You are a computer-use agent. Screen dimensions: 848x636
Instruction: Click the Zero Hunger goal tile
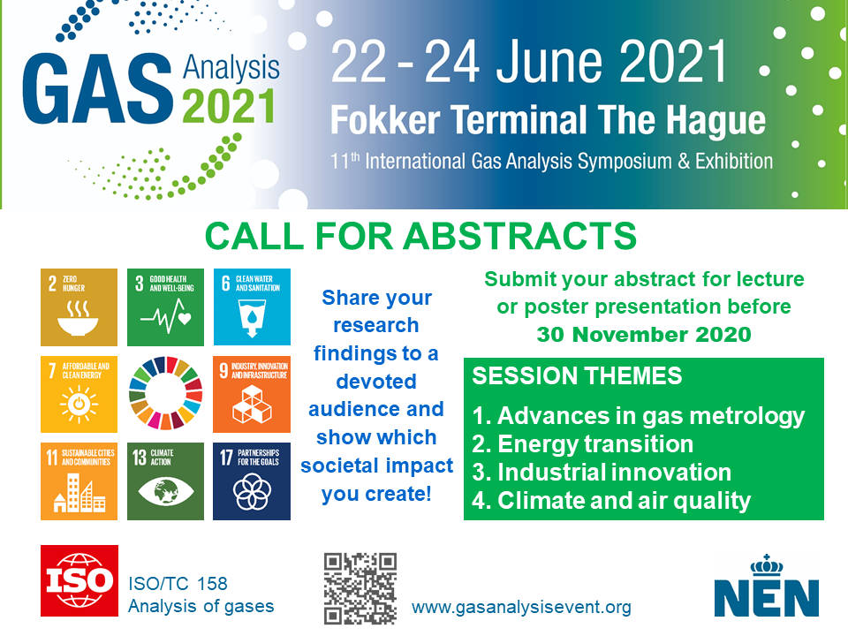pos(79,307)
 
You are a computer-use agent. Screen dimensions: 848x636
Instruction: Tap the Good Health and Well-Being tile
pos(165,307)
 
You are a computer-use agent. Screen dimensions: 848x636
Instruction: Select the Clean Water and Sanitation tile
pos(252,307)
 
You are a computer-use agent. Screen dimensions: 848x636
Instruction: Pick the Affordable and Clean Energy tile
pos(79,394)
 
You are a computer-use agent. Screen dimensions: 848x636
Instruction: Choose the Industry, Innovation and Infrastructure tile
pos(252,394)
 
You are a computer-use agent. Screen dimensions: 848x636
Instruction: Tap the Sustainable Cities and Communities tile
pos(79,481)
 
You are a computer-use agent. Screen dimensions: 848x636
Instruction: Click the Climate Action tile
pos(165,481)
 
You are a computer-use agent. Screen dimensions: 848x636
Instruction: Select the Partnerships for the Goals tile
pos(252,481)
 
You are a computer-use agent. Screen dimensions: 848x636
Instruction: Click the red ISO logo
pos(79,581)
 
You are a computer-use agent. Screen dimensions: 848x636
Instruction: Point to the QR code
pos(360,588)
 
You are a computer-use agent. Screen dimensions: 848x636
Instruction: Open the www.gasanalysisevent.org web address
pos(521,608)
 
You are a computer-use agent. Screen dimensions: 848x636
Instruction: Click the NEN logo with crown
pos(767,587)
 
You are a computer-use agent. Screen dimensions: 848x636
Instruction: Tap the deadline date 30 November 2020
pos(644,334)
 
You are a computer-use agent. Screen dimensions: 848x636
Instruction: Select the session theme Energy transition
pos(582,444)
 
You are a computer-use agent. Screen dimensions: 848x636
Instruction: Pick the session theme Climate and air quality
pos(611,501)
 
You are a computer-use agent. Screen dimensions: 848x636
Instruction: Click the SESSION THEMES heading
pos(577,376)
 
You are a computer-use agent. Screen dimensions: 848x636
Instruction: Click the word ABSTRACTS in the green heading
pos(520,237)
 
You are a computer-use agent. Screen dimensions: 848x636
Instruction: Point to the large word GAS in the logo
pos(97,88)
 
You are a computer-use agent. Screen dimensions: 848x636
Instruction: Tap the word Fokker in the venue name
pos(385,119)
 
